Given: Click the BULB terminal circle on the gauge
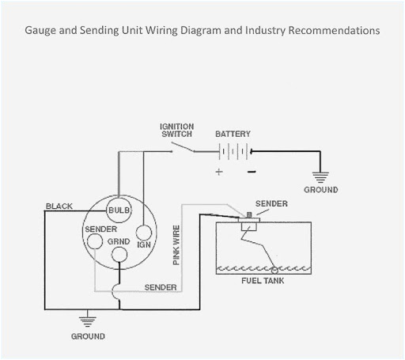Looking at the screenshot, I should pyautogui.click(x=119, y=210).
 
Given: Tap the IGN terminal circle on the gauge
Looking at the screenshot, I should pyautogui.click(x=144, y=234).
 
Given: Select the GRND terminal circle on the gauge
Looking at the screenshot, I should pyautogui.click(x=119, y=254).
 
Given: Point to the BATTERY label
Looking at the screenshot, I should pyautogui.click(x=233, y=135).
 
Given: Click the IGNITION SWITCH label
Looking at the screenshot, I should pyautogui.click(x=176, y=130).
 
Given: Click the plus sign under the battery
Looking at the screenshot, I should pyautogui.click(x=219, y=171).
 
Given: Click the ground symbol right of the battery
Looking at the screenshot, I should pyautogui.click(x=320, y=176).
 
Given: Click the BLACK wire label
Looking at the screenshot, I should pyautogui.click(x=59, y=207).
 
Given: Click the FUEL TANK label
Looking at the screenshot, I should pyautogui.click(x=263, y=280).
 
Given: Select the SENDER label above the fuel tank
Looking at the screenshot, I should pyautogui.click(x=271, y=204).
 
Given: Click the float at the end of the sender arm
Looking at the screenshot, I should pyautogui.click(x=274, y=271).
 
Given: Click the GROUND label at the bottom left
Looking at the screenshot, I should pyautogui.click(x=88, y=336).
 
